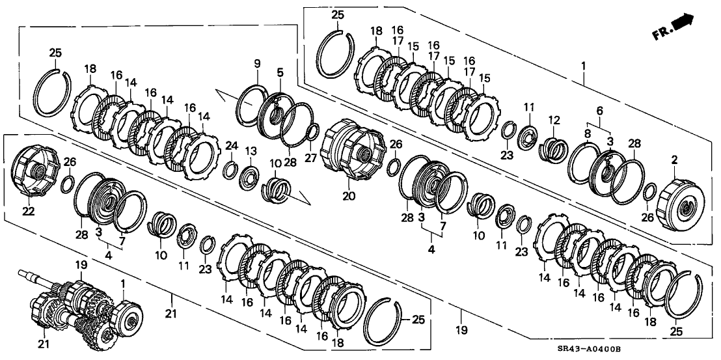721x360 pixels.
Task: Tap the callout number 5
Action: (280, 72)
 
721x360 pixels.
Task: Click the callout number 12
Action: (554, 120)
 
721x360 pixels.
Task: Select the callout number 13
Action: (249, 152)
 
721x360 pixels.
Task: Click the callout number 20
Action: (350, 195)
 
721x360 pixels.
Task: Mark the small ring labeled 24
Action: (230, 171)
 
